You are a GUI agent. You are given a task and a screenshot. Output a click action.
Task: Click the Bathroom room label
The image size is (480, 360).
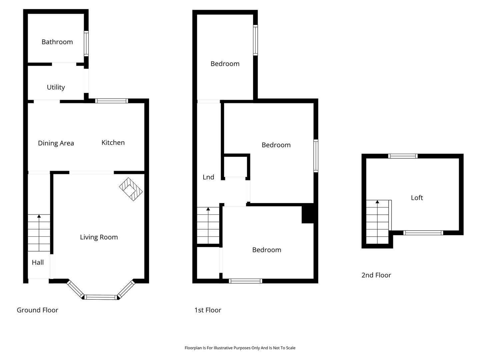tap(57, 42)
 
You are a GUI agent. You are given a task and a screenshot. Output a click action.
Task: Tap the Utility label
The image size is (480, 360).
tap(56, 87)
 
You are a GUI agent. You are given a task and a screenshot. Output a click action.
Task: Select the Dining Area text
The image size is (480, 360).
tap(56, 143)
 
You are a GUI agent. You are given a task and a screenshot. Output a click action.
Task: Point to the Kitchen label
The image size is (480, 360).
tap(113, 143)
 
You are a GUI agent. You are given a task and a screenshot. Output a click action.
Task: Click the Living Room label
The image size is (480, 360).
tap(99, 237)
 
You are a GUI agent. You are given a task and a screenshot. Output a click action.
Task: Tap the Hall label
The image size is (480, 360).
tap(38, 262)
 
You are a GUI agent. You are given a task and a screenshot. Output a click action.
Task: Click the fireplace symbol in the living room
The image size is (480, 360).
tap(131, 189)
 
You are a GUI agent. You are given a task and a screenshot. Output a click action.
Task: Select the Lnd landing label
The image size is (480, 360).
tap(208, 177)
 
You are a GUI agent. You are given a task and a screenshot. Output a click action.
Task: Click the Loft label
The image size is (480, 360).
tap(417, 198)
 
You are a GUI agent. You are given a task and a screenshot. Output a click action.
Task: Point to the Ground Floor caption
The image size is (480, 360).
tap(37, 310)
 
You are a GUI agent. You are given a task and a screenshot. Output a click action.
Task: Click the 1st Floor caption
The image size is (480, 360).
tap(208, 310)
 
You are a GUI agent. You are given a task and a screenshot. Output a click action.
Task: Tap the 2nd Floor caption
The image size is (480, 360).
tap(376, 275)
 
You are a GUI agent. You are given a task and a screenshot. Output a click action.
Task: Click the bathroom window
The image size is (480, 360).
tap(86, 44)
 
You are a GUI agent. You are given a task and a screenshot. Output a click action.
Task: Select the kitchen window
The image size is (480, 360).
tap(112, 101)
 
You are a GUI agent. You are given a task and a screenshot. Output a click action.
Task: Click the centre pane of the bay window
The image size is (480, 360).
tap(101, 297)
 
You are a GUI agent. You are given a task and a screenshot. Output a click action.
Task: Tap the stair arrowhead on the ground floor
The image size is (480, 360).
tap(39, 216)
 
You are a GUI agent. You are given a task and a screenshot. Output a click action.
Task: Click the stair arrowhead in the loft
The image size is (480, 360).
tap(377, 202)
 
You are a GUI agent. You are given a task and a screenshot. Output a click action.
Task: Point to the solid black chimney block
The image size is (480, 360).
tap(308, 213)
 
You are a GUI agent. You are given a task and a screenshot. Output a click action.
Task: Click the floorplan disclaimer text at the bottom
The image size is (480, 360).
tap(240, 348)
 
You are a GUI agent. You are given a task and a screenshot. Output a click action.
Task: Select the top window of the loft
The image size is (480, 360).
tap(403, 156)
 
